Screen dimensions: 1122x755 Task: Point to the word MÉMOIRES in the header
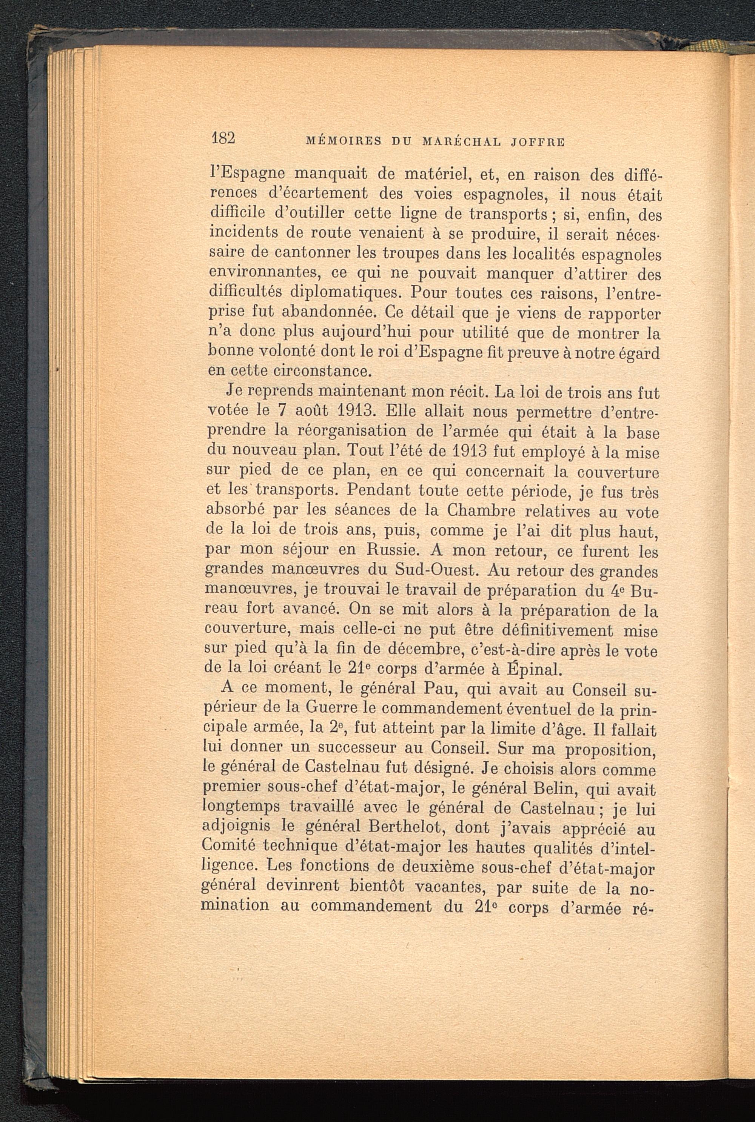click(344, 142)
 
